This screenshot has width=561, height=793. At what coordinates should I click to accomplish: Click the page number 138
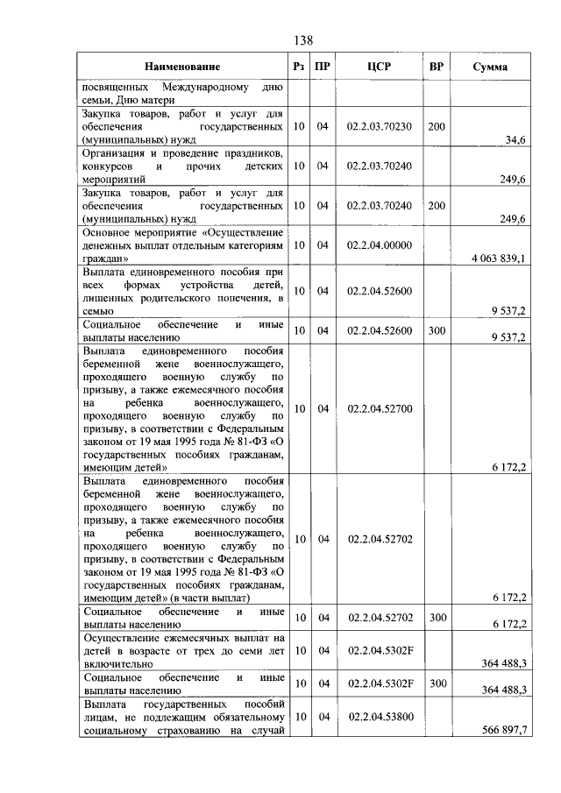(303, 40)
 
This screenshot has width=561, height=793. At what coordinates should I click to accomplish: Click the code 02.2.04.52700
(380, 408)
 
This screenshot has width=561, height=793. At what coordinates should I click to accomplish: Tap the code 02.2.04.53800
(380, 717)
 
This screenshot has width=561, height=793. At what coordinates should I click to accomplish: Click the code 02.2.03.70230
(380, 127)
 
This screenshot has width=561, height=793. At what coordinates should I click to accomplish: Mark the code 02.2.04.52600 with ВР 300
(380, 330)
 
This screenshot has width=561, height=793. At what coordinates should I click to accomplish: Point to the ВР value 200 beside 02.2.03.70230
(437, 127)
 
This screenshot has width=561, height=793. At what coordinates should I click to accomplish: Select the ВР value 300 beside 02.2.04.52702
(437, 618)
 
